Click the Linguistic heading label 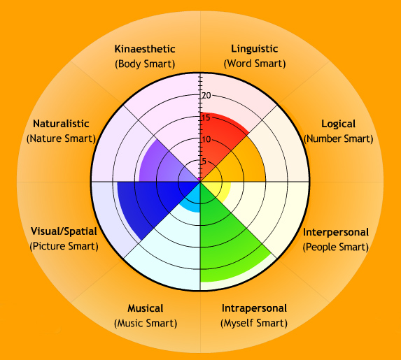[x=254, y=49]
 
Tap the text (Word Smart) [x=254, y=64]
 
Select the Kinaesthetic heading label [x=146, y=49]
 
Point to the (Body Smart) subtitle [x=146, y=64]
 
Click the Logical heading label [x=338, y=124]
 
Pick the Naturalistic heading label [x=60, y=124]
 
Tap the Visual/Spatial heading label [x=64, y=231]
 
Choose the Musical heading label [x=146, y=308]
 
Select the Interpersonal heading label [x=336, y=231]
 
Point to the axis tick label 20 [x=206, y=96]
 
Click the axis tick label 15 [x=206, y=117]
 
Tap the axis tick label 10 [x=206, y=139]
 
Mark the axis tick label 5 [x=204, y=161]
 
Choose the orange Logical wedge [x=241, y=164]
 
